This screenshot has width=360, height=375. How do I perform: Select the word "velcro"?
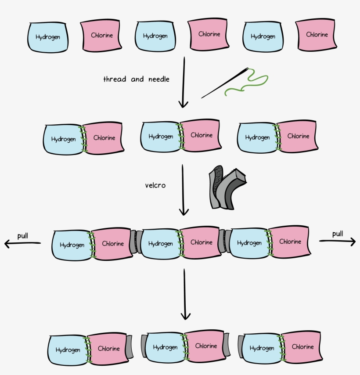(x=155, y=185)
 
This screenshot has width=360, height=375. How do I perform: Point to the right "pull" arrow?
(x=337, y=241)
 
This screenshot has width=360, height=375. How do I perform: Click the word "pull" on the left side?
(x=23, y=236)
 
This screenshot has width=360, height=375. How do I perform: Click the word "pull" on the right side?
(x=337, y=234)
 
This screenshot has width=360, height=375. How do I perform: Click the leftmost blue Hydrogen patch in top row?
(x=48, y=37)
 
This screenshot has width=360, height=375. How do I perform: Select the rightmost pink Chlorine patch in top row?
(x=317, y=35)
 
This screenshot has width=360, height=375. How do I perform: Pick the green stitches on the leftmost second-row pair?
(x=82, y=139)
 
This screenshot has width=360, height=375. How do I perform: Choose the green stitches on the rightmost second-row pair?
(x=276, y=137)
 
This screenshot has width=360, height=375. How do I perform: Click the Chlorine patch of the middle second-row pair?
(x=201, y=135)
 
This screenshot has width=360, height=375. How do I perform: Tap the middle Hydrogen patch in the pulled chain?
(x=160, y=243)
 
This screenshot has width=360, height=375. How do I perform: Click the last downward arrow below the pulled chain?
(x=186, y=294)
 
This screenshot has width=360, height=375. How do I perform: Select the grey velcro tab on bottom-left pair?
(x=129, y=348)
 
